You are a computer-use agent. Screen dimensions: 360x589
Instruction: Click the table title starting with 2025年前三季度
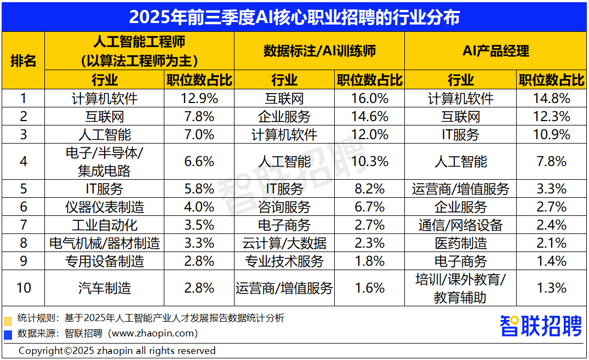click(x=294, y=16)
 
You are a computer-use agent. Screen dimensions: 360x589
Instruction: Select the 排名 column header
click(x=23, y=60)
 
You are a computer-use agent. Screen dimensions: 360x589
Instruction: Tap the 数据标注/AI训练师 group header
click(x=319, y=51)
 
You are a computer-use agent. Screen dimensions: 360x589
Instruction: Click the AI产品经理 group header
click(x=495, y=51)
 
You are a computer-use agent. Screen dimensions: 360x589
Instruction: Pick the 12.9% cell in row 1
click(x=199, y=99)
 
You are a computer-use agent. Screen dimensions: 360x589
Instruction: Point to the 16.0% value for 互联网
click(x=370, y=99)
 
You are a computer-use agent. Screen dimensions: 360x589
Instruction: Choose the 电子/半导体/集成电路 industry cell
click(x=104, y=162)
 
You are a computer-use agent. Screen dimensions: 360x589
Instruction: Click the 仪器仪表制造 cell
click(x=104, y=207)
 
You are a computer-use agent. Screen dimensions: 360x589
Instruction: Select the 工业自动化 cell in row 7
click(x=104, y=225)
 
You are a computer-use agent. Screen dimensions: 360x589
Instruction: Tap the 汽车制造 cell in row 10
click(x=104, y=288)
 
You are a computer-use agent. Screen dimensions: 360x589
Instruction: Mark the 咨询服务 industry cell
click(x=284, y=207)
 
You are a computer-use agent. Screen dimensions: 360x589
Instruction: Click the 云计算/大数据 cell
click(x=284, y=243)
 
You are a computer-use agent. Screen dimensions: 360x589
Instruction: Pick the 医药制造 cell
click(x=460, y=243)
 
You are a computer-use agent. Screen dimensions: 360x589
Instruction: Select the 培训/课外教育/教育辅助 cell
click(x=460, y=288)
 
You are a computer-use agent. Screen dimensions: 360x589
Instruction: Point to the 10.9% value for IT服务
click(x=551, y=135)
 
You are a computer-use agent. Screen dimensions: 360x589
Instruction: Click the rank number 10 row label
click(x=23, y=288)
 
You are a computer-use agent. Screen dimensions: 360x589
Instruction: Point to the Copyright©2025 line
click(x=117, y=351)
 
